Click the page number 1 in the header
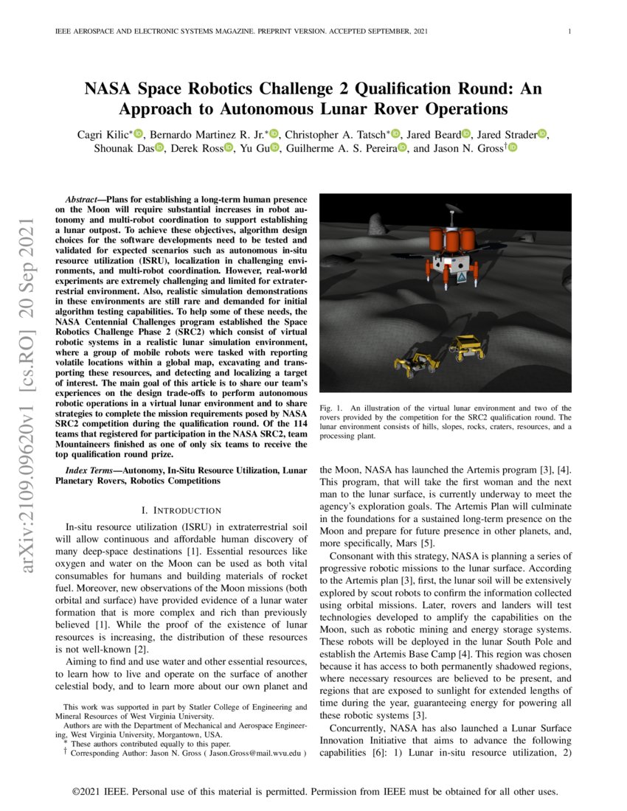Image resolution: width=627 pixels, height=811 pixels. pos(570,31)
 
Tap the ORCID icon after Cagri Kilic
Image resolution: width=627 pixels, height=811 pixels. pos(138,134)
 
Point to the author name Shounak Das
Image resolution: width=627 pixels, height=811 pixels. pos(128,148)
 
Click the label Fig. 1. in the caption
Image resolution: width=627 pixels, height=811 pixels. pos(330,408)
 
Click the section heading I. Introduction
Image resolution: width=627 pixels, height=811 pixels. pos(181,510)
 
